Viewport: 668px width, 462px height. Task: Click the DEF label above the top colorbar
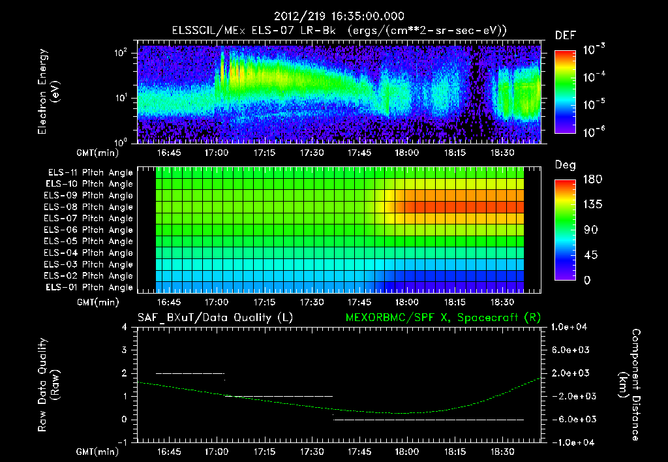[565, 35]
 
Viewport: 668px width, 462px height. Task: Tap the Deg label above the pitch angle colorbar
[565, 165]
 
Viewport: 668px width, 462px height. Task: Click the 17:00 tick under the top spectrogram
[217, 153]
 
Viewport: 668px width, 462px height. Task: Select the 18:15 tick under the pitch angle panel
[455, 303]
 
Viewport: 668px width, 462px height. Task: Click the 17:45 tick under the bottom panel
[359, 452]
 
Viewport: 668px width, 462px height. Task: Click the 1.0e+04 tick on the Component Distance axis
[571, 327]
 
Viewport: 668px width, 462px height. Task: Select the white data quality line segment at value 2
[190, 373]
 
